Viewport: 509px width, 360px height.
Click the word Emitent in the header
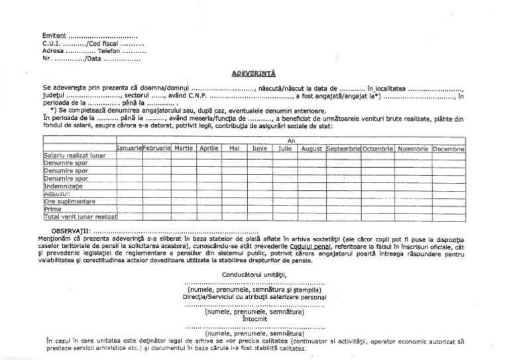coord(54,35)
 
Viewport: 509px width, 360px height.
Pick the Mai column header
coord(233,149)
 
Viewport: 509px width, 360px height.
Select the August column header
coord(311,149)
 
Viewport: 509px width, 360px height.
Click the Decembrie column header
coord(449,149)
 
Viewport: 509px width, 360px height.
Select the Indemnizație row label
coord(66,186)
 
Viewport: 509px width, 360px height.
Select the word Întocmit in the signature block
coord(254,319)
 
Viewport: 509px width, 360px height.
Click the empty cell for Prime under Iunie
coord(260,209)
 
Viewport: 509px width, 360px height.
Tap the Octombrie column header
coord(378,149)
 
